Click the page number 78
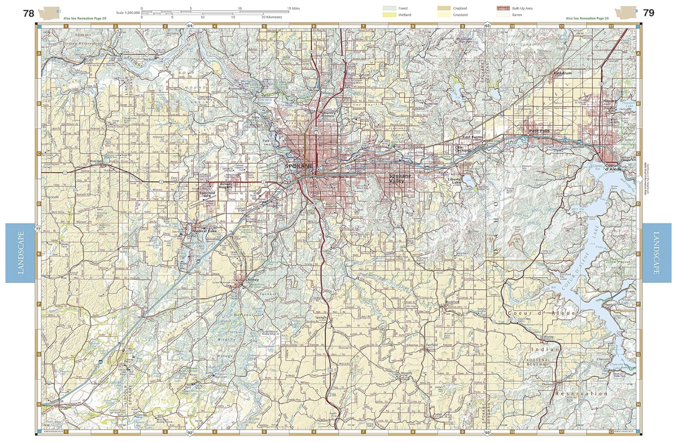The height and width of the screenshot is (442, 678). (29, 13)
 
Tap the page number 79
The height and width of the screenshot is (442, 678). (648, 13)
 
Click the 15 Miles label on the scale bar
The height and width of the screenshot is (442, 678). (295, 8)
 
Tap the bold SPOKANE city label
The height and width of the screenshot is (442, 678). (298, 166)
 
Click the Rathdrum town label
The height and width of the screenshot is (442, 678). (562, 73)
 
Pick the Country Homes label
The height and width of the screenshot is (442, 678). (328, 114)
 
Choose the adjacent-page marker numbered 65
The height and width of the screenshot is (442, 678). (487, 25)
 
